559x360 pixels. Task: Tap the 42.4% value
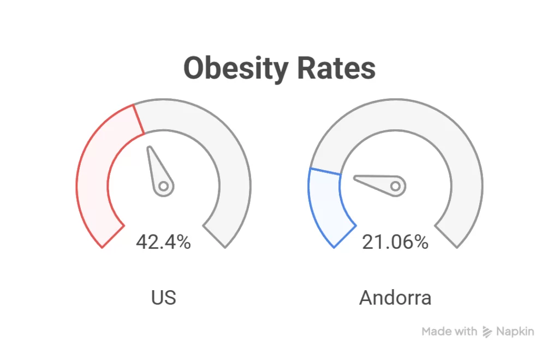[x=163, y=242]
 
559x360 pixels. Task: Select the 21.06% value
[x=395, y=242]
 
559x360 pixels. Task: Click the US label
[x=163, y=298]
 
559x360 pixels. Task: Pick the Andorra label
[x=395, y=298]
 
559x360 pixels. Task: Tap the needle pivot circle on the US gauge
[x=163, y=187]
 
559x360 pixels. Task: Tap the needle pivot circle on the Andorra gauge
[x=395, y=187]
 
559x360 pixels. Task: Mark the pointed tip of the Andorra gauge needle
[x=355, y=178]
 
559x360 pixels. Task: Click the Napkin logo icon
[x=487, y=332]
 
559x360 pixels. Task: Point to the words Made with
[x=449, y=332]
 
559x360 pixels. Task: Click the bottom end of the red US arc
[x=112, y=236]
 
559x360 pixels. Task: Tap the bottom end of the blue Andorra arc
[x=344, y=236]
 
